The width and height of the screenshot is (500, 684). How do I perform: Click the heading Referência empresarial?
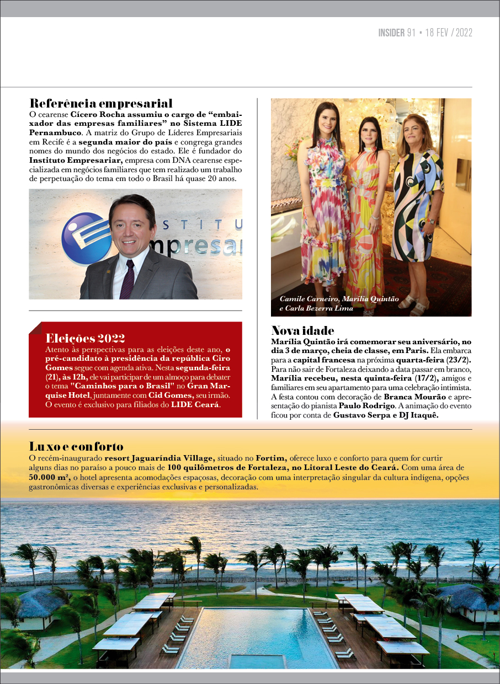click(x=101, y=104)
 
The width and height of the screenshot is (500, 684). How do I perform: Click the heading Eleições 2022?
click(x=86, y=338)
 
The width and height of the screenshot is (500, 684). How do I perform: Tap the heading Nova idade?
click(x=302, y=330)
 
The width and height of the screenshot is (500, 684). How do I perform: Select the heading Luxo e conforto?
click(x=76, y=446)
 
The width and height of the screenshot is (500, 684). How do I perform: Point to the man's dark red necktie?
click(x=127, y=279)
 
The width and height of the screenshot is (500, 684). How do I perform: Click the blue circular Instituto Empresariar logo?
click(x=86, y=239)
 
